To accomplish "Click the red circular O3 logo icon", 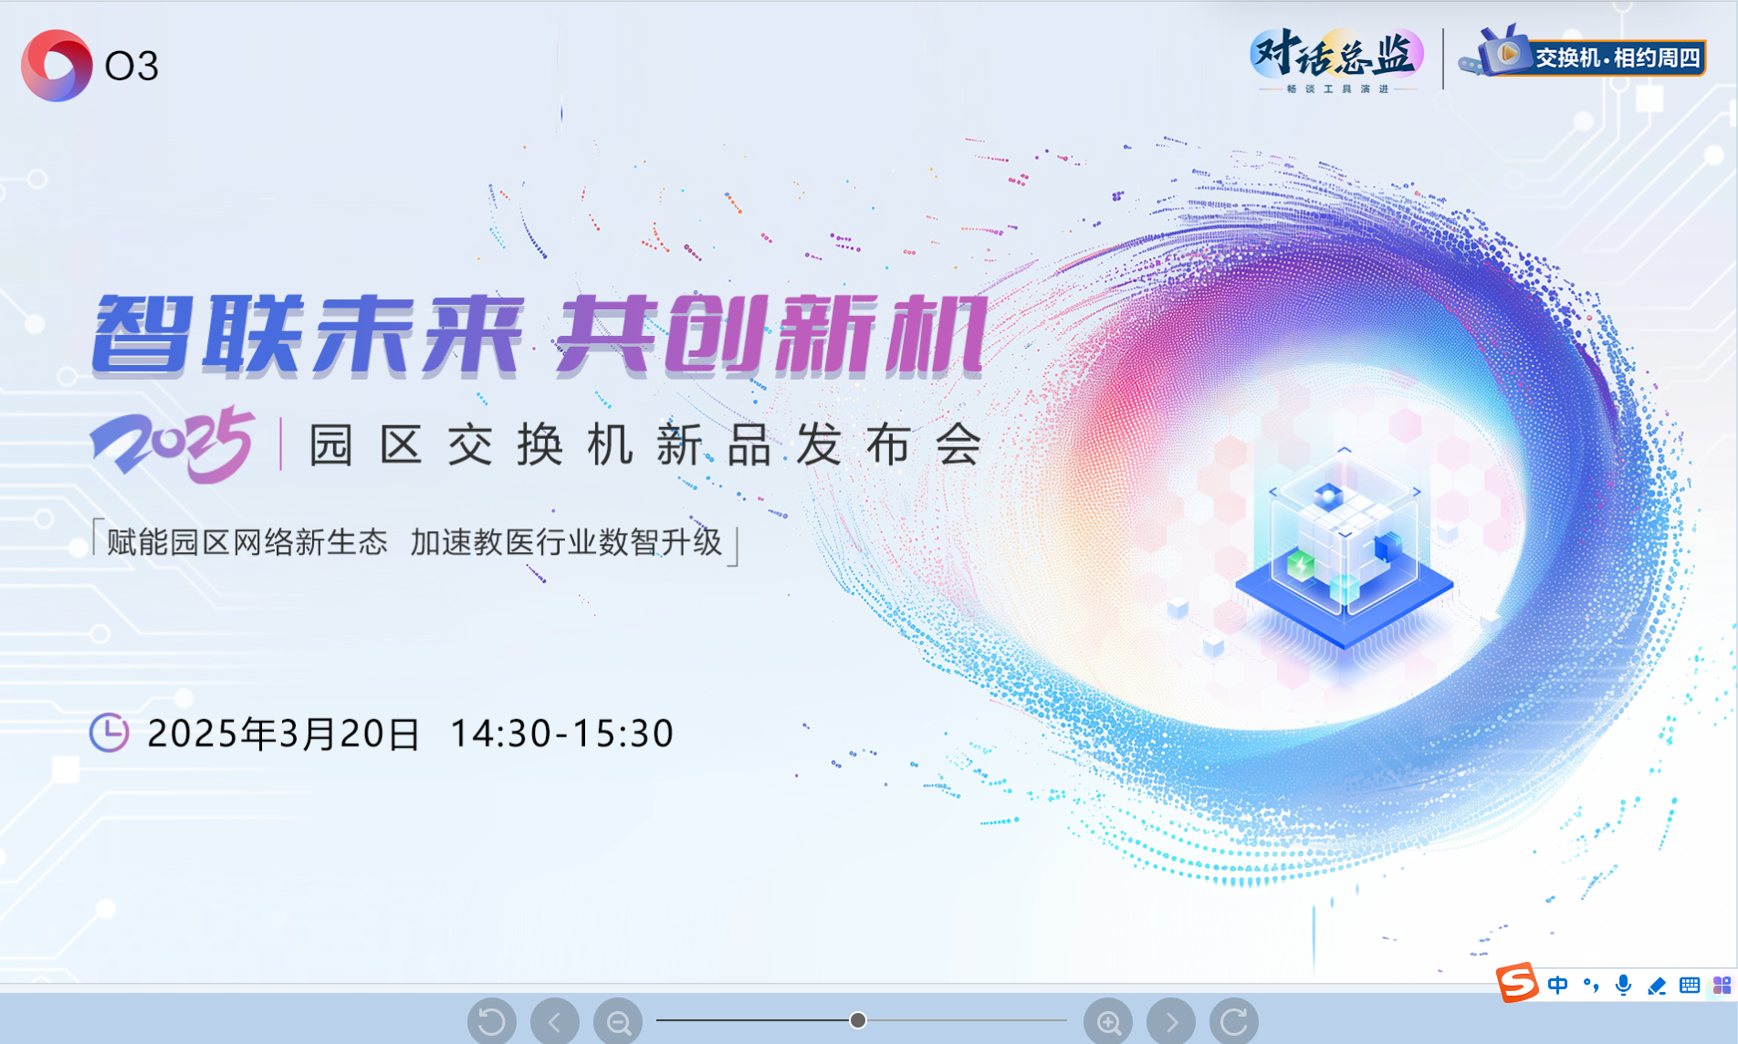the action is tap(57, 66).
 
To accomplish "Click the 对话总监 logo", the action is tap(1337, 59).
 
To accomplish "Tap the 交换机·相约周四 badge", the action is tap(1583, 54).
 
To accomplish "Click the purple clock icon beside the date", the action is tap(109, 733).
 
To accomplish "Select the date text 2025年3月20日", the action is tap(283, 734).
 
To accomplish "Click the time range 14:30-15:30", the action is tap(562, 734).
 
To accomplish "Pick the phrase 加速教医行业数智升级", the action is tap(566, 542).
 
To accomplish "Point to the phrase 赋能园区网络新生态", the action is tap(247, 542).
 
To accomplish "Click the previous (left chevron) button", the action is tap(555, 1022).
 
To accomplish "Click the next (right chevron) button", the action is tap(1171, 1022).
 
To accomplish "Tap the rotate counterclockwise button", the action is tap(492, 1022).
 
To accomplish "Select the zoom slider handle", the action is tap(858, 1020).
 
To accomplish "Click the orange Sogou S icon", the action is tap(1517, 983).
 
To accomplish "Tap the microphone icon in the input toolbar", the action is tap(1623, 986).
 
